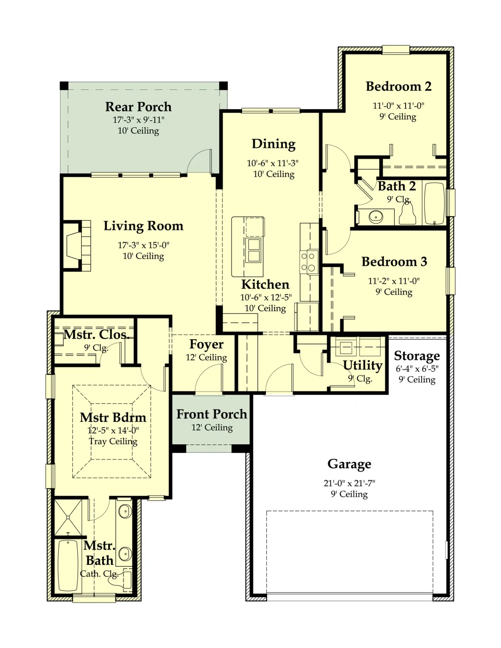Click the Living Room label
[143, 226]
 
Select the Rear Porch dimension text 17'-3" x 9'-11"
[139, 120]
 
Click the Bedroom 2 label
[398, 86]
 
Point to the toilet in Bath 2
[407, 214]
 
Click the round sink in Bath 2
[376, 216]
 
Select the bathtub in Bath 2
[434, 204]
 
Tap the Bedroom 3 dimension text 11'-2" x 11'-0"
[394, 281]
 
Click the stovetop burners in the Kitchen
[308, 262]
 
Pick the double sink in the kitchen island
[254, 250]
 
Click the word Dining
[274, 144]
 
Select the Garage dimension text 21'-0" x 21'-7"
[349, 483]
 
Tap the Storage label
[417, 356]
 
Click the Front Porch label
[212, 414]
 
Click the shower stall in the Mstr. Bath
[68, 517]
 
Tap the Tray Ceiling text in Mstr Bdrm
[113, 441]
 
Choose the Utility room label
[363, 366]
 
